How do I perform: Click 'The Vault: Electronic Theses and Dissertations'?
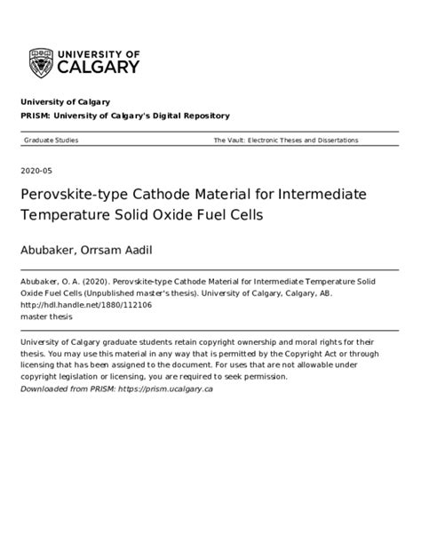285,140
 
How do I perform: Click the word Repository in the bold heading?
202,116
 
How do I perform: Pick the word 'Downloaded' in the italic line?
44,389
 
